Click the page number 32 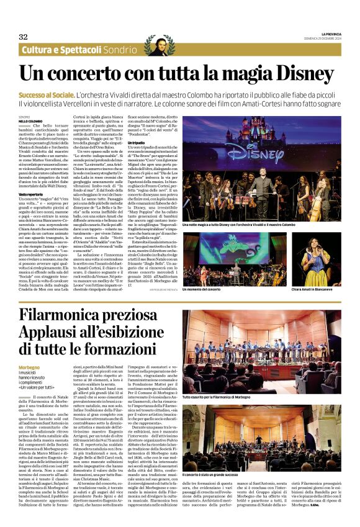pyautogui.click(x=23, y=37)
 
